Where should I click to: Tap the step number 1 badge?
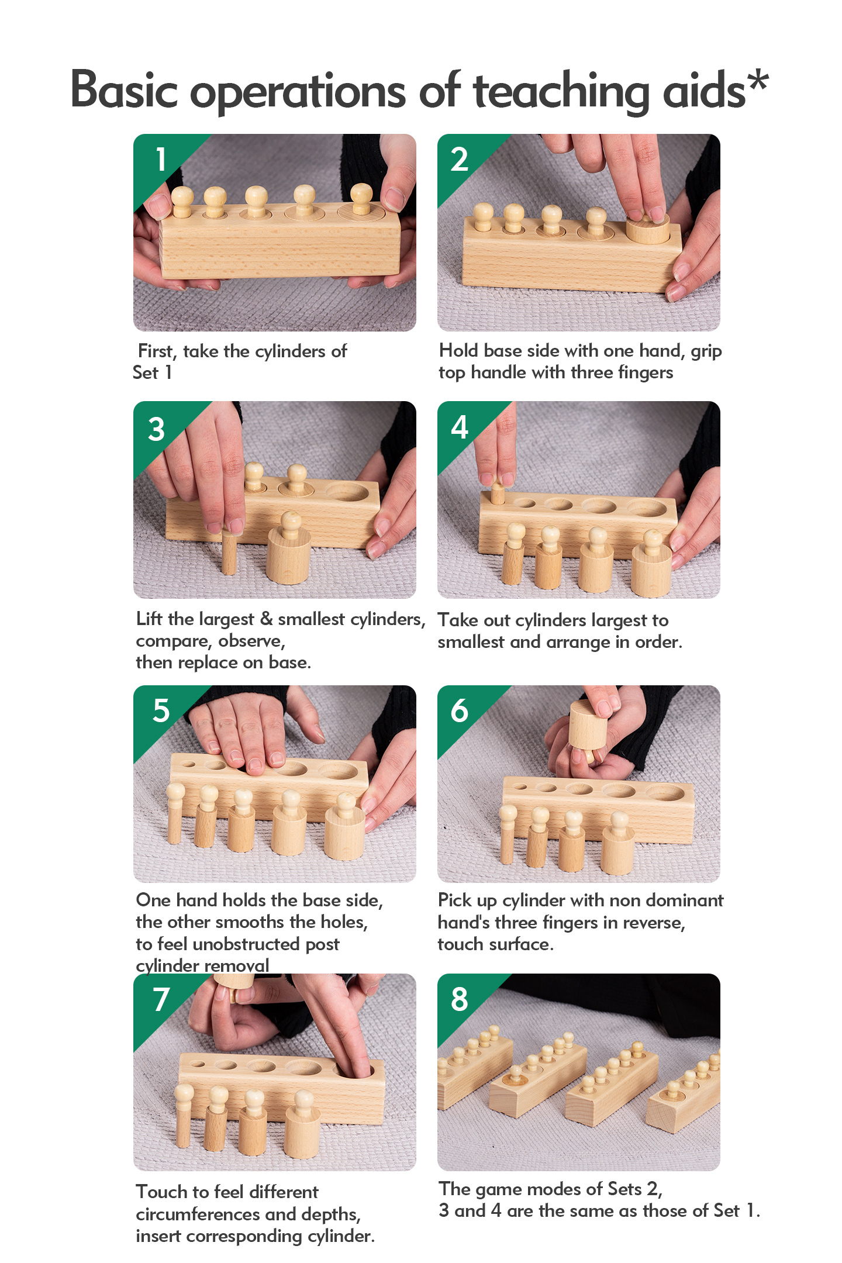pos(161,159)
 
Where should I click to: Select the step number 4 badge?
pos(460,427)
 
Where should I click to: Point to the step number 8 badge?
pos(460,999)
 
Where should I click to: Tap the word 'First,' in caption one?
pos(157,351)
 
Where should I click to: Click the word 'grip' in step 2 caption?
pos(706,351)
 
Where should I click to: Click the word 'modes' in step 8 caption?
pos(554,1189)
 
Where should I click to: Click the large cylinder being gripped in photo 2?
pos(648,228)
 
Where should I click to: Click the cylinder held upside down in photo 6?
pos(588,727)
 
